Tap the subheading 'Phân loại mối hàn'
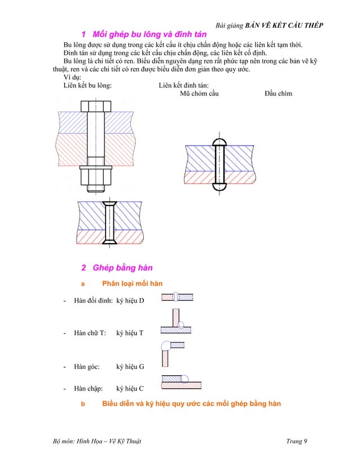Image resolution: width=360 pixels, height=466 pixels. tap(132, 283)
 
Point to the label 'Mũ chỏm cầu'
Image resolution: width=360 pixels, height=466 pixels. tap(199, 93)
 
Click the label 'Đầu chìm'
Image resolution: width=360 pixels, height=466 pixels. tap(278, 93)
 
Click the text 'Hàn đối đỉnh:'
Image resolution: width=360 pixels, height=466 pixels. tap(93, 301)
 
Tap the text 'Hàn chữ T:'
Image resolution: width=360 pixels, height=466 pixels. tap(90, 333)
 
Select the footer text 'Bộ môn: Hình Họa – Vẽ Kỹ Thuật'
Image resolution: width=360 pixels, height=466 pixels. tap(94, 441)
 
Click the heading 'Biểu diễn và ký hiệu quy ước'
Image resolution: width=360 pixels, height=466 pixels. tap(191, 403)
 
